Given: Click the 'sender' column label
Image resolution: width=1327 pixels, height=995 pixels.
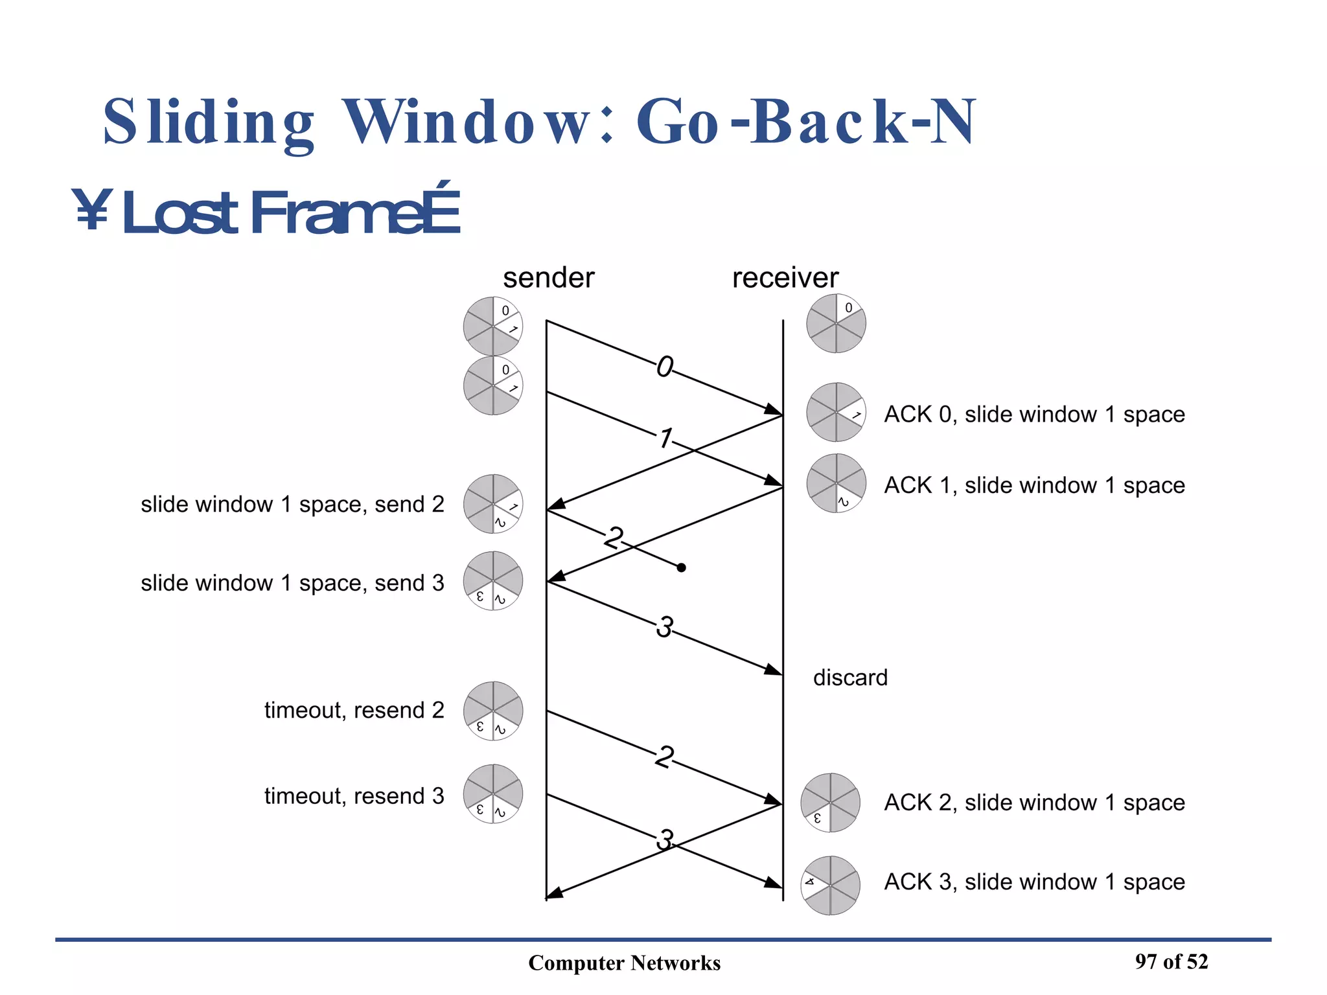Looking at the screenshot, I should (548, 279).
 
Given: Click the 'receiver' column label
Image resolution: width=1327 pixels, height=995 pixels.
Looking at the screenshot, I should (785, 279).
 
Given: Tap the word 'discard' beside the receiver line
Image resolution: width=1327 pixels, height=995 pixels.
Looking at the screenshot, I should (850, 678).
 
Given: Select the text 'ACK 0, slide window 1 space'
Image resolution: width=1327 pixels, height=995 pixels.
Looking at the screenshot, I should (1034, 415).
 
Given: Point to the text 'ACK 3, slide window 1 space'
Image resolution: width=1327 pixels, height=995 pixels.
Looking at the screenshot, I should (1034, 882).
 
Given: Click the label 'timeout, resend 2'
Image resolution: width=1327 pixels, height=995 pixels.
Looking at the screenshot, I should (354, 711).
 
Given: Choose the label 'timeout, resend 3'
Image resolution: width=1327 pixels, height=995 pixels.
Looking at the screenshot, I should (354, 796).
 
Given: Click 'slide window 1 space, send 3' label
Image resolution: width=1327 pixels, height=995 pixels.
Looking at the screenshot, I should (292, 583).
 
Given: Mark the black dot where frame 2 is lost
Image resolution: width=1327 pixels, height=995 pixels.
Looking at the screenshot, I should (681, 568).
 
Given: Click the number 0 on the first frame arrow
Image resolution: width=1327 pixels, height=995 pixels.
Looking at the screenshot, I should (665, 368).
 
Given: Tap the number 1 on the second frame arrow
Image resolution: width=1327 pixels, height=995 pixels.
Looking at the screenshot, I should (665, 439).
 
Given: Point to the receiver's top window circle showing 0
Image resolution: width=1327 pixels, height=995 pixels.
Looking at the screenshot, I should (836, 323).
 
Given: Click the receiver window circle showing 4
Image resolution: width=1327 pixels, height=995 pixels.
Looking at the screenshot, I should (830, 886).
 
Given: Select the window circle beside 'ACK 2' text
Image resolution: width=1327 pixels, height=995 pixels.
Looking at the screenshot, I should (830, 803).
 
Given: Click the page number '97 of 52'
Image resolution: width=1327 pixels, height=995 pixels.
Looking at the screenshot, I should (1171, 962).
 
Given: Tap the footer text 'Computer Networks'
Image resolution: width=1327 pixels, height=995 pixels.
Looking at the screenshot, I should (624, 963).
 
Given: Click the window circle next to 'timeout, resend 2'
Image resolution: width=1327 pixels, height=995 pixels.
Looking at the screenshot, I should (492, 711).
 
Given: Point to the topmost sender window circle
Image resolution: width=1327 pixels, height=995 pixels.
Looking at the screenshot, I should (492, 326).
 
